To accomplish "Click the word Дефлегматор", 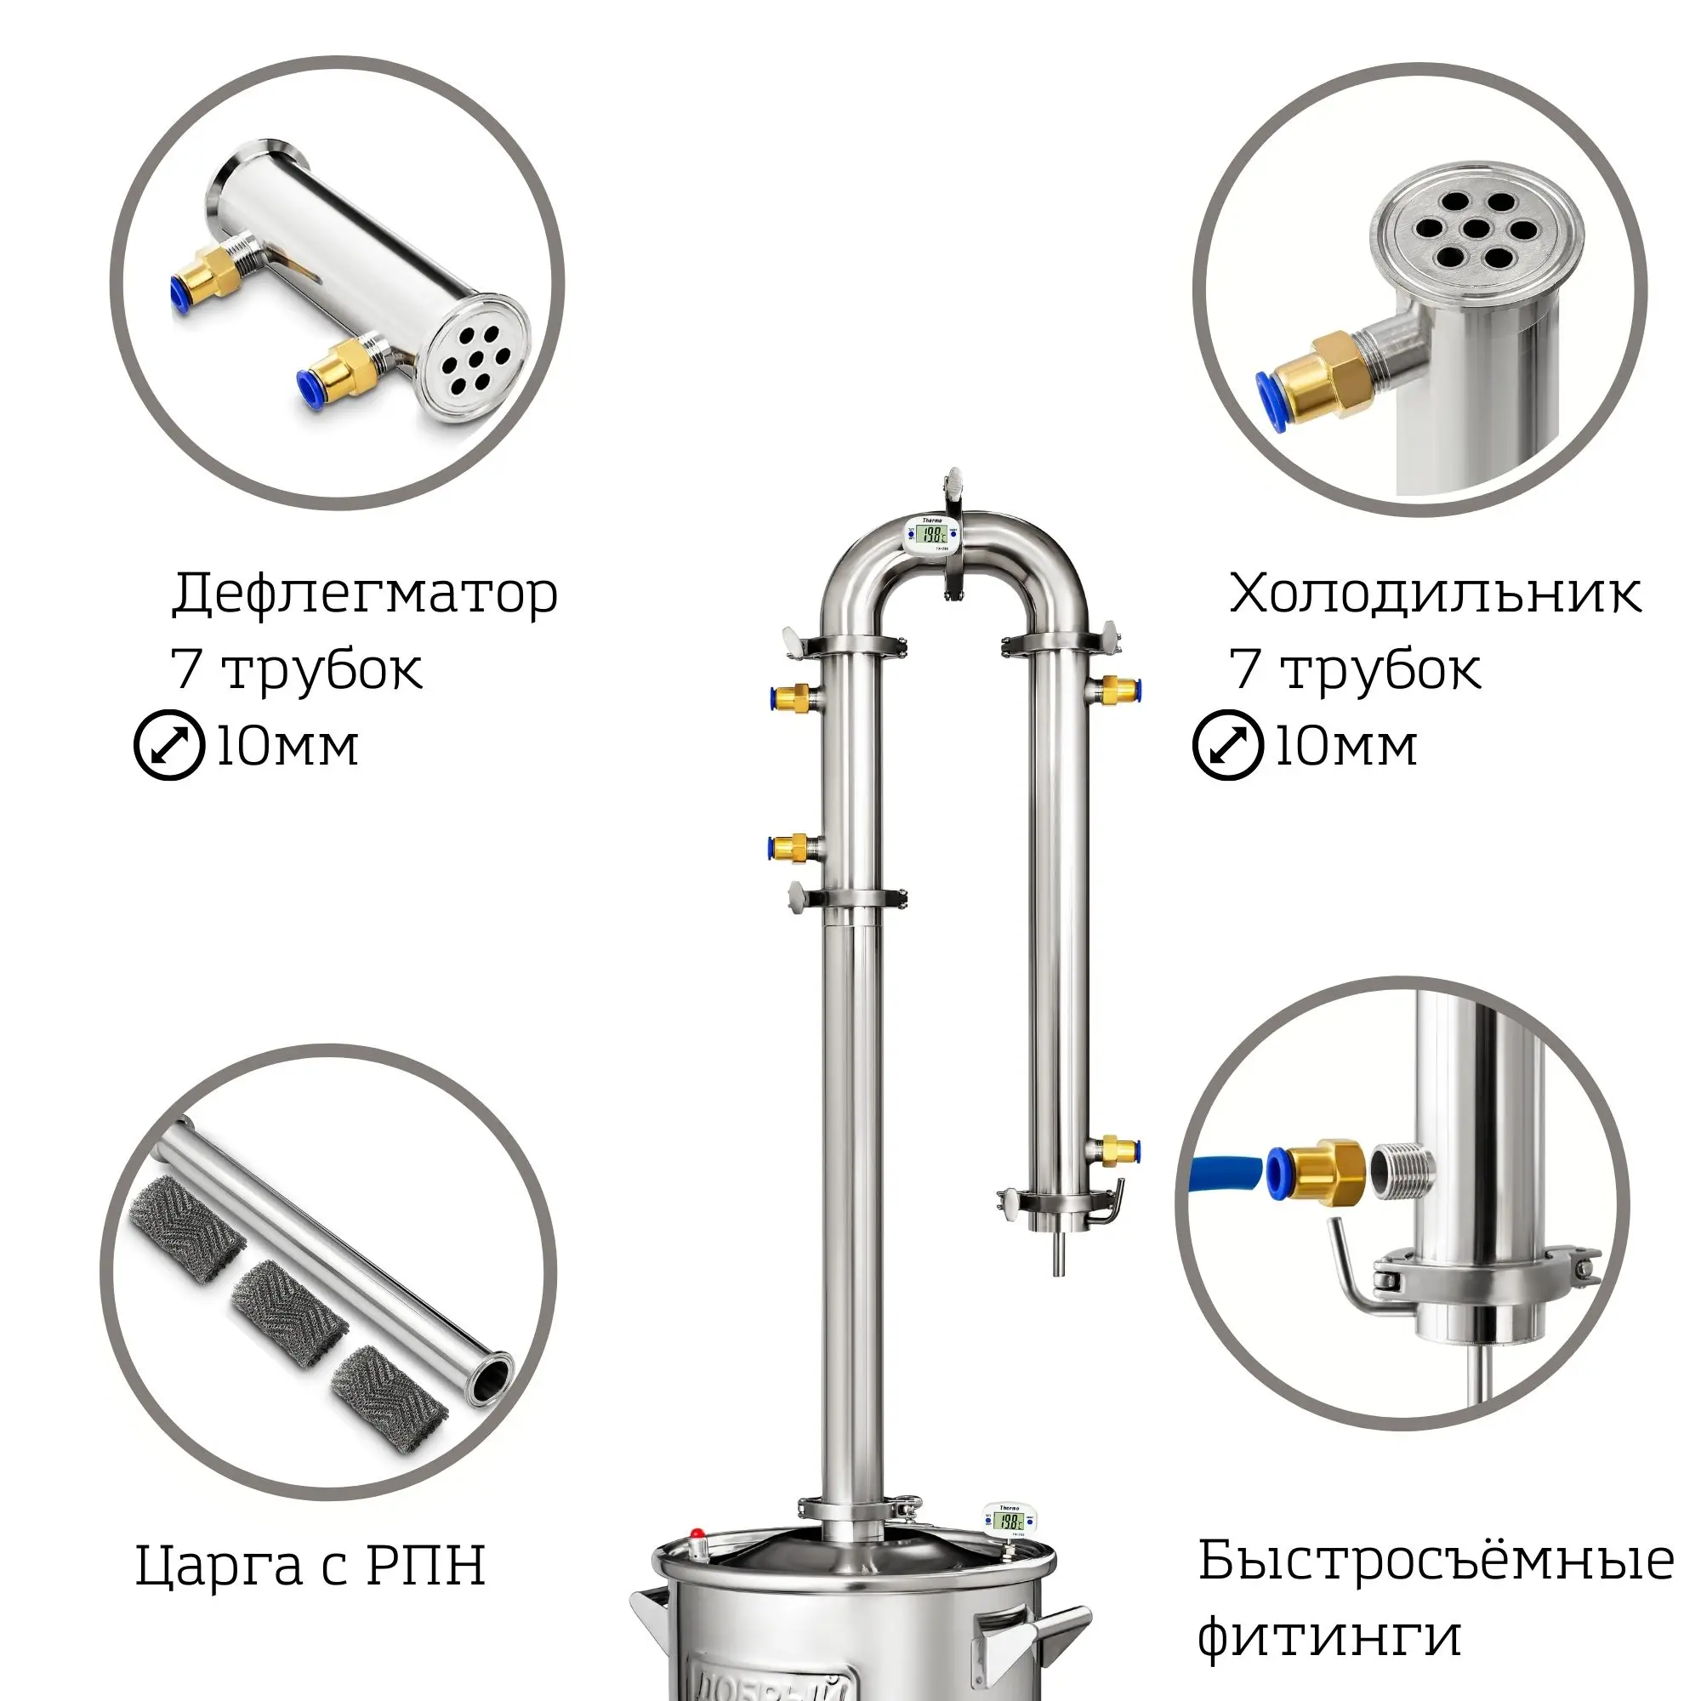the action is (365, 594).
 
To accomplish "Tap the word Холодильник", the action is (1434, 594).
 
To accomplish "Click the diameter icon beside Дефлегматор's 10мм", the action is (169, 745).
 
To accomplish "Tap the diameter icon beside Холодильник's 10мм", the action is (1227, 745).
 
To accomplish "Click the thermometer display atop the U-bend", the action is (933, 534).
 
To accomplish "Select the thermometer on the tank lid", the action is (1009, 1522).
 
